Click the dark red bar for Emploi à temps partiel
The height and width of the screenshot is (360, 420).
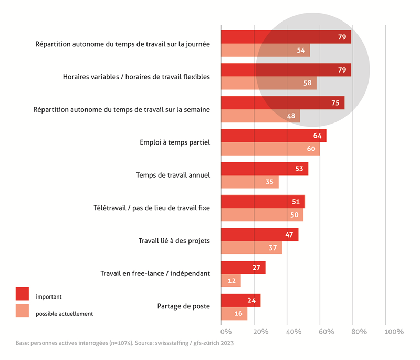(273, 136)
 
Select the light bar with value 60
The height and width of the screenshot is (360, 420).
(270, 149)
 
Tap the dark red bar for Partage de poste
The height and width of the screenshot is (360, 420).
(240, 301)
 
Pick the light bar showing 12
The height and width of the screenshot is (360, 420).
(230, 281)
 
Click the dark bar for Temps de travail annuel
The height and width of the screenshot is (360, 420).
(264, 169)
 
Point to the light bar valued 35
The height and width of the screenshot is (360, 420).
(249, 182)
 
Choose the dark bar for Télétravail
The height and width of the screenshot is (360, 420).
(262, 202)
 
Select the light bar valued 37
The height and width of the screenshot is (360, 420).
(251, 248)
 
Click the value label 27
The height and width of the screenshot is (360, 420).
(256, 268)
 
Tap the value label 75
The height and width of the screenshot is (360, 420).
(335, 103)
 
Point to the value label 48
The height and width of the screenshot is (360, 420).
(291, 116)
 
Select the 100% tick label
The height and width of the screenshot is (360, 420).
(394, 332)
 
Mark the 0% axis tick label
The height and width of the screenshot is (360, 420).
(226, 332)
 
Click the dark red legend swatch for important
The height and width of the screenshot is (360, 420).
(22, 293)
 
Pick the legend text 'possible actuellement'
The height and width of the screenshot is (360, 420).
(64, 314)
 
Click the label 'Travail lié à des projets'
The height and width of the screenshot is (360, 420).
(174, 241)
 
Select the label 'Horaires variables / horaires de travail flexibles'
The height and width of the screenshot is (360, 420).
(132, 77)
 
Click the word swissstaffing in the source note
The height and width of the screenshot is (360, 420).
(168, 343)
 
